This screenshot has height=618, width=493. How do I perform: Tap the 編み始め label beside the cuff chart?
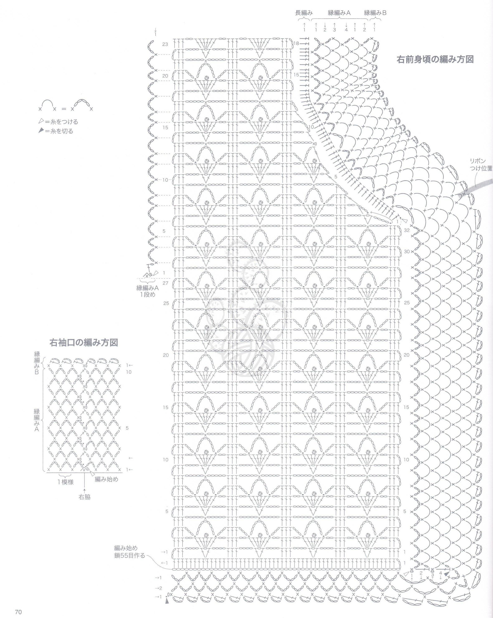click(106, 479)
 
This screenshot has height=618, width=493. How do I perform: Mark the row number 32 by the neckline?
click(407, 230)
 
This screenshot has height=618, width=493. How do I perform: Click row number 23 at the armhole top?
click(165, 44)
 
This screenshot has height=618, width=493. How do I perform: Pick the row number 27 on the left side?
click(165, 283)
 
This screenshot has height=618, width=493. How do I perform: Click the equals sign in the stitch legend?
click(64, 109)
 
